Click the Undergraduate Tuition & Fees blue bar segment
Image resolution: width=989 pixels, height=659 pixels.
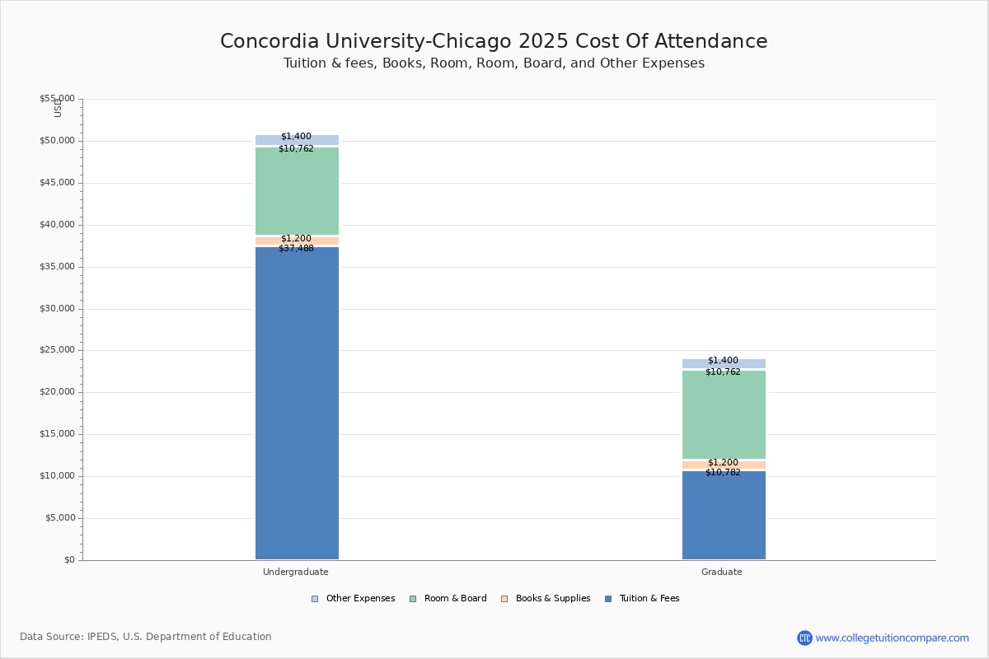click(297, 404)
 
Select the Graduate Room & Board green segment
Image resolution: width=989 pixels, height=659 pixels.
click(724, 415)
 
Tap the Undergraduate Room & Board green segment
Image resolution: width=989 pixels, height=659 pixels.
click(297, 191)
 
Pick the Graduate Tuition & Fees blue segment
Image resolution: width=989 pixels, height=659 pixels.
click(724, 516)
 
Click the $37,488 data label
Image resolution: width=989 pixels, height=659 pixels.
click(296, 249)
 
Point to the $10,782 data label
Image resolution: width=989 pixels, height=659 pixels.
click(723, 473)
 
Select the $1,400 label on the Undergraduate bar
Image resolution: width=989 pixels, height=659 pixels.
click(296, 137)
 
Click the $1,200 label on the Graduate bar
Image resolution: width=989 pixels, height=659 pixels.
click(723, 463)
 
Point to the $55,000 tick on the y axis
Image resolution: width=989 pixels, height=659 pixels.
click(57, 99)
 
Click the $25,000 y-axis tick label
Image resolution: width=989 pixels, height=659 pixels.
click(57, 350)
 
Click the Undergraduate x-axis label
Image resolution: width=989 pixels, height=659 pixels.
click(296, 572)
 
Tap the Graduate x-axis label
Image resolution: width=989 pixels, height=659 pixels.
click(722, 572)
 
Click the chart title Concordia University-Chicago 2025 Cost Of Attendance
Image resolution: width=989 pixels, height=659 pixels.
click(494, 42)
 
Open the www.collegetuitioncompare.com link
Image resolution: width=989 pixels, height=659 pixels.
click(892, 638)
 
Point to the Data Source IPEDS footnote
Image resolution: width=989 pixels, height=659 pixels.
click(146, 637)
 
